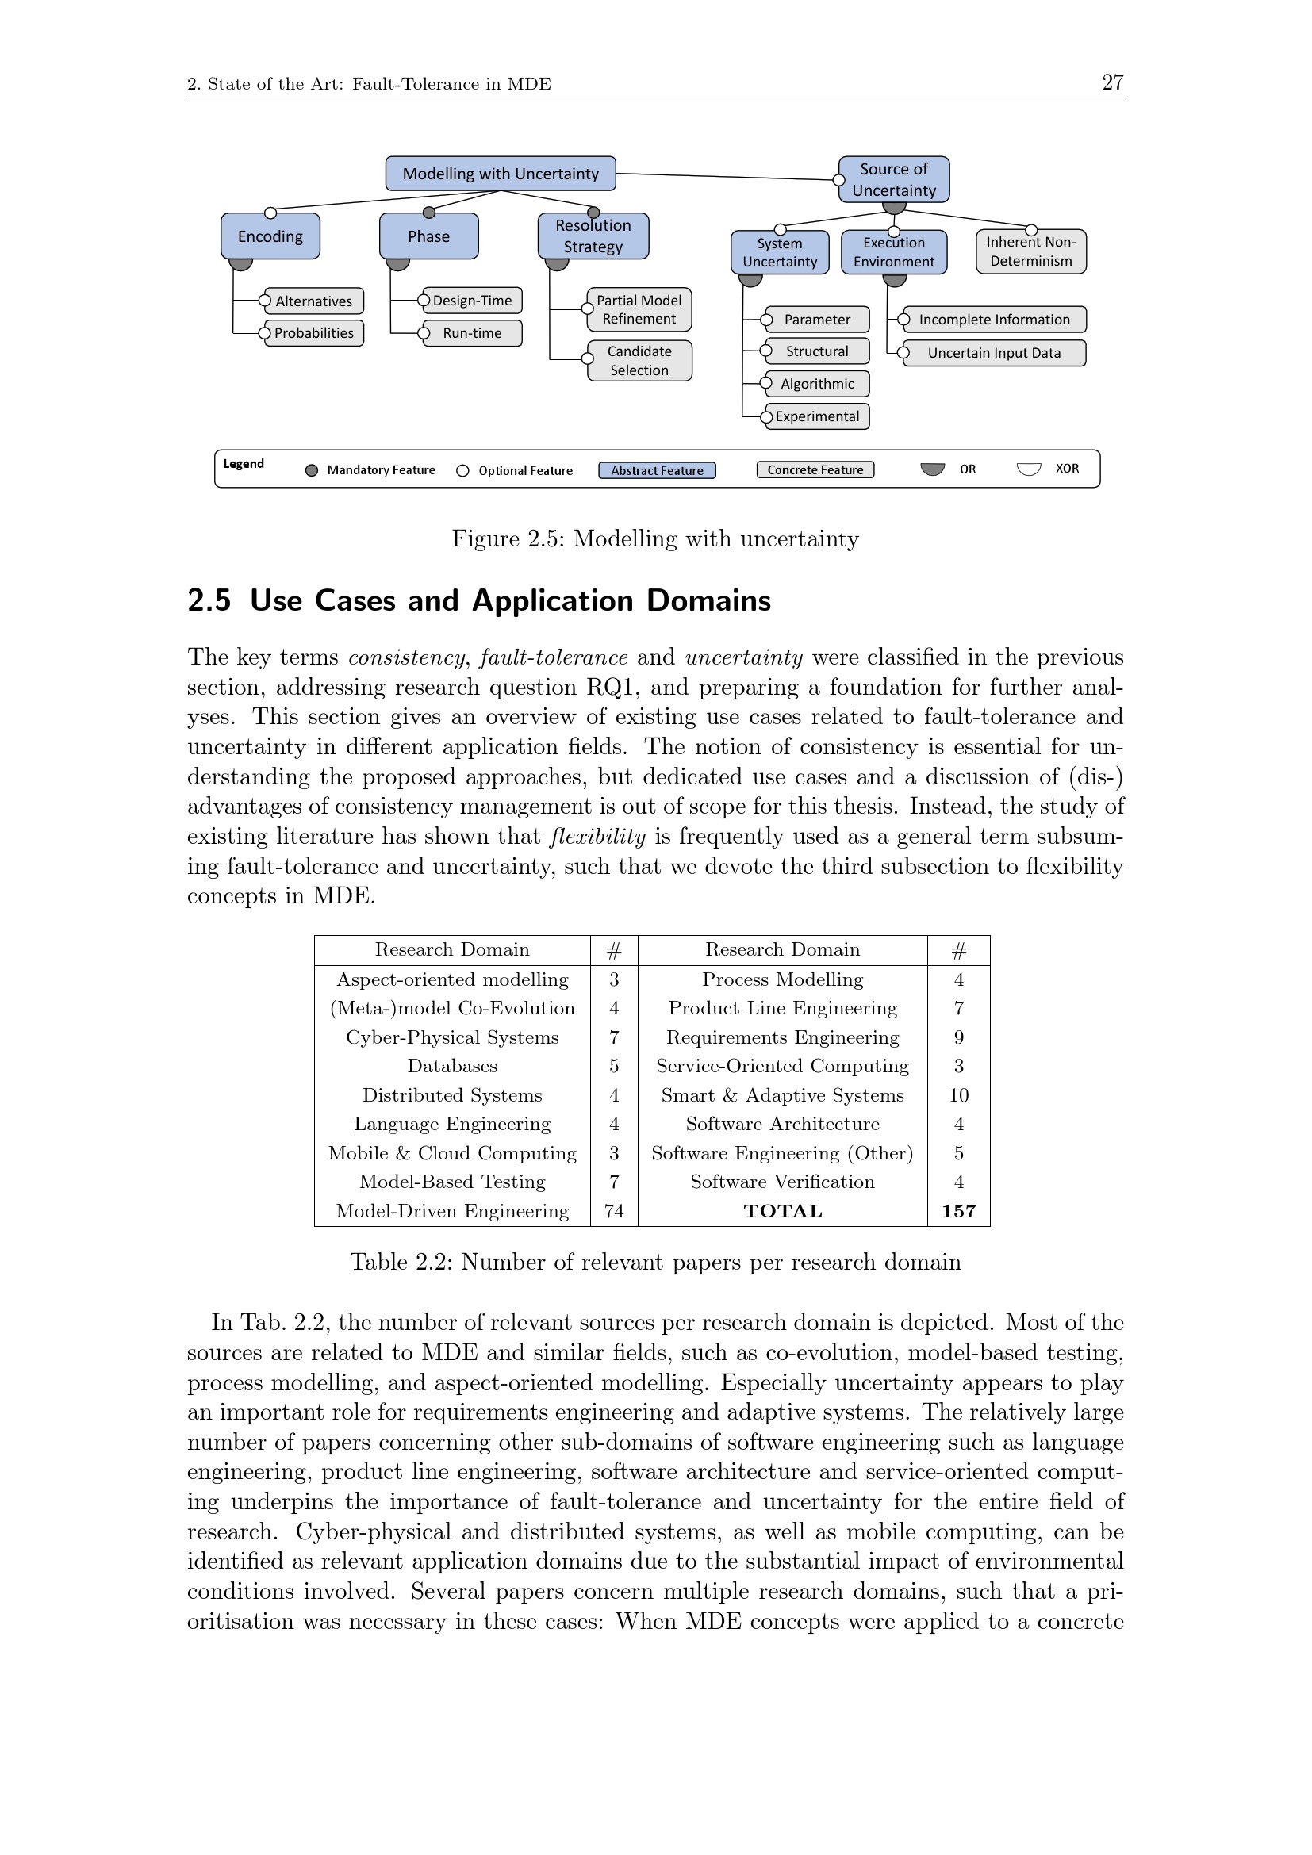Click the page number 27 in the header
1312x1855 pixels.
pos(1111,82)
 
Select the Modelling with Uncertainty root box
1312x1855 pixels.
pos(500,174)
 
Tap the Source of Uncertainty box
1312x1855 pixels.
pos(893,179)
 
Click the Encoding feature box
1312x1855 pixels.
pos(270,236)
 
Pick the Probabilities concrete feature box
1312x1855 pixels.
pos(313,333)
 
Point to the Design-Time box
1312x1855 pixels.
pos(472,301)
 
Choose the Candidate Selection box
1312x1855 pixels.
pos(639,360)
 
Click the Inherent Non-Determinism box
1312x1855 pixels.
pos(1031,251)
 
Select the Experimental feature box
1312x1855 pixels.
pos(817,416)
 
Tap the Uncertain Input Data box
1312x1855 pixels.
pos(994,353)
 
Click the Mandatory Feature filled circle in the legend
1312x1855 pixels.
pos(312,470)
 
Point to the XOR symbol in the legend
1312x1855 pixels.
pos(1029,469)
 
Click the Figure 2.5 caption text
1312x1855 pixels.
pos(655,538)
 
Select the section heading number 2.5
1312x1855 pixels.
pos(209,601)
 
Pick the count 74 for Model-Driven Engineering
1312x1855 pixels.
pos(614,1211)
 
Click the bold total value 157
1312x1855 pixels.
pos(959,1211)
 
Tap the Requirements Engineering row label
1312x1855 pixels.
pos(782,1037)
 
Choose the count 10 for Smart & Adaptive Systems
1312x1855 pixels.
pos(959,1095)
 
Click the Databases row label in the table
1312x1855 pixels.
pos(452,1067)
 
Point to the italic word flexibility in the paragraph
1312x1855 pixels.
pos(598,837)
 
